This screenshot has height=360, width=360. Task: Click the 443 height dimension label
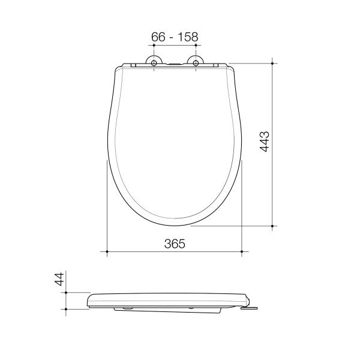tap(264, 142)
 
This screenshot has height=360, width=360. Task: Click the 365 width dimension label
tap(175, 244)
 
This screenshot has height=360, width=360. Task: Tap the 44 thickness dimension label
tap(59, 279)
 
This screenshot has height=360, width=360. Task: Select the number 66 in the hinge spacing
tap(158, 37)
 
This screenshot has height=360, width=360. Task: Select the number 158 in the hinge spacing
tap(188, 37)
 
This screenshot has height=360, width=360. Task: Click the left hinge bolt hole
tap(154, 63)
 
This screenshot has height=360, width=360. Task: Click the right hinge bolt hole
tap(196, 63)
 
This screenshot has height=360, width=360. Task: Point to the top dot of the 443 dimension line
tap(272, 63)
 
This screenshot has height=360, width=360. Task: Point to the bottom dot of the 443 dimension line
tap(272, 226)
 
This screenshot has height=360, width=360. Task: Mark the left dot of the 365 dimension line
tap(107, 251)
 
